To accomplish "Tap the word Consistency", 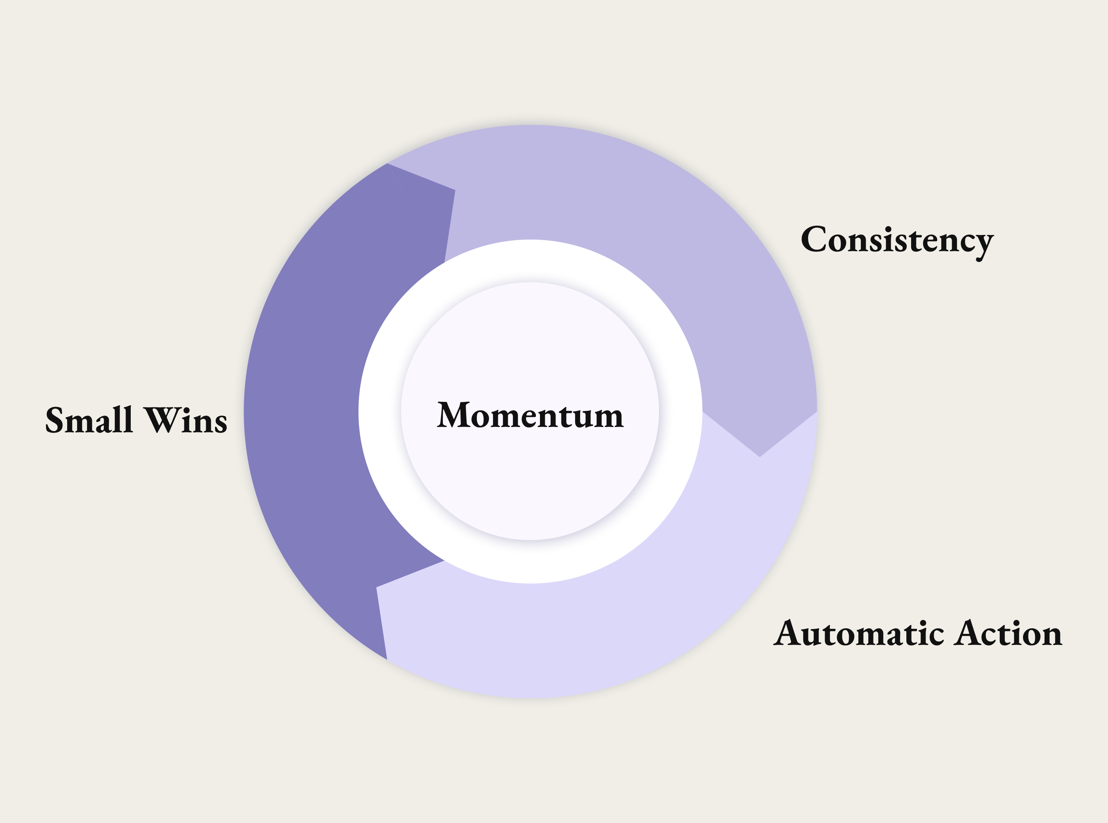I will [x=897, y=240].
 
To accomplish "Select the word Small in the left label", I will [x=89, y=420].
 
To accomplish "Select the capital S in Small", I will [x=55, y=420].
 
